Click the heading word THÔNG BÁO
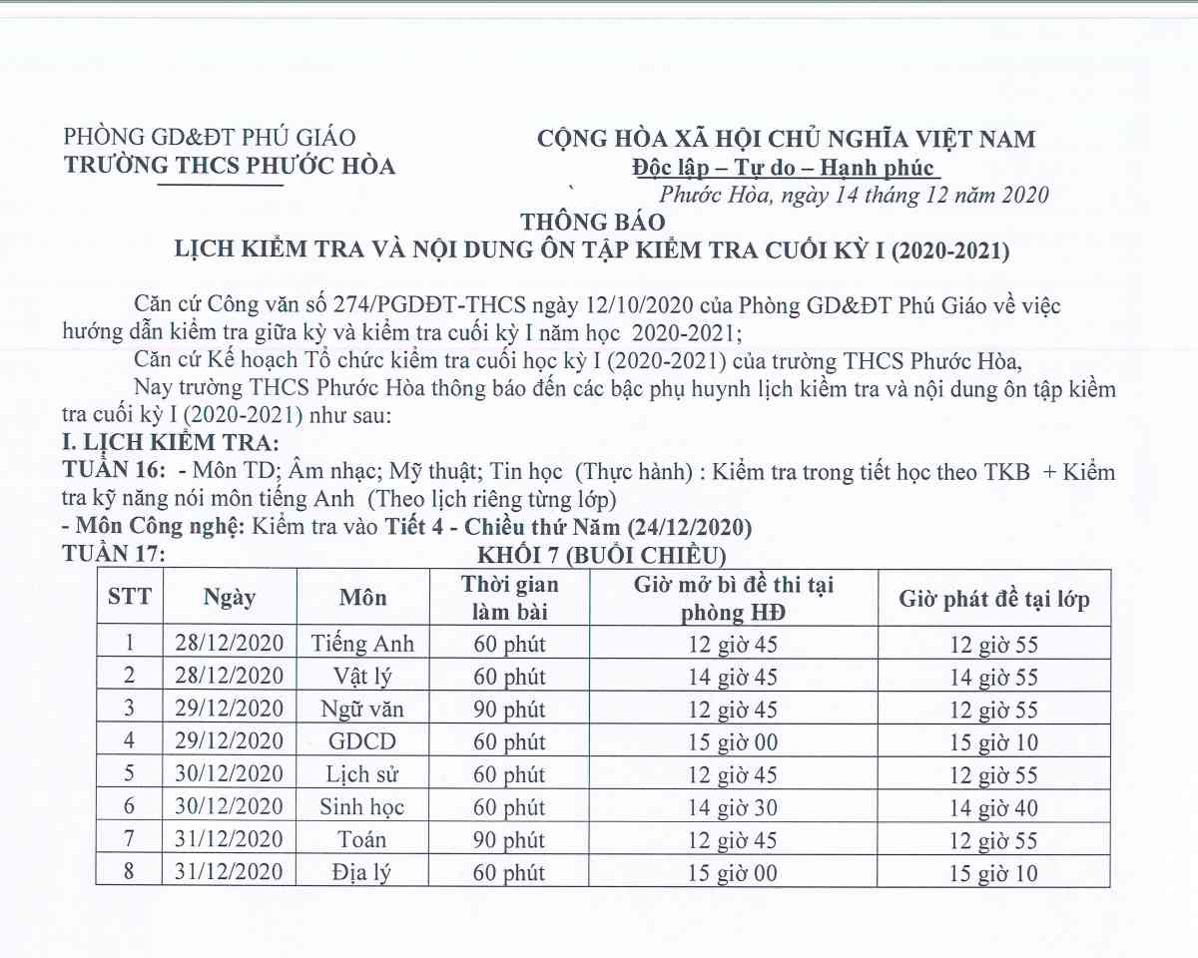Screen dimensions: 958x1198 [x=591, y=222]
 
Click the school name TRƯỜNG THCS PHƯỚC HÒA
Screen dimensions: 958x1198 [x=230, y=166]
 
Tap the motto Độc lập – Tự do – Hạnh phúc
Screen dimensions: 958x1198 [x=784, y=167]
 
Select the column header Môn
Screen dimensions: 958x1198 [x=362, y=598]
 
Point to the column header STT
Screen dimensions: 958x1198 [x=130, y=597]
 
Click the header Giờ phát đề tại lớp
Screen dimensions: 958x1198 [x=994, y=599]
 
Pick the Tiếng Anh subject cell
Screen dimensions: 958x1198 [x=362, y=644]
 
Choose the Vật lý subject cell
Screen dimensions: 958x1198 [x=362, y=677]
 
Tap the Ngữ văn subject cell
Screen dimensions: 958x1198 [x=362, y=710]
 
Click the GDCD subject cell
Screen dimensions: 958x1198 [x=362, y=742]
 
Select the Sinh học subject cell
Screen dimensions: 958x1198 [x=362, y=807]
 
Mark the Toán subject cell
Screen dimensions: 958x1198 [x=362, y=840]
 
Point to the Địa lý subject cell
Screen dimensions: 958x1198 [x=362, y=873]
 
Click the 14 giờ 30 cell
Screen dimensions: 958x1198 [x=733, y=807]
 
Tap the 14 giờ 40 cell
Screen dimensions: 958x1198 [x=994, y=807]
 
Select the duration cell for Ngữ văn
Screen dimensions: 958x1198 [x=509, y=710]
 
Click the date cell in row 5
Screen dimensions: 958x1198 [x=230, y=774]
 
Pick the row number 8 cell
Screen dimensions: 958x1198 [x=129, y=872]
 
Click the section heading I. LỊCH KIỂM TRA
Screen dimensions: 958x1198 [x=170, y=444]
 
